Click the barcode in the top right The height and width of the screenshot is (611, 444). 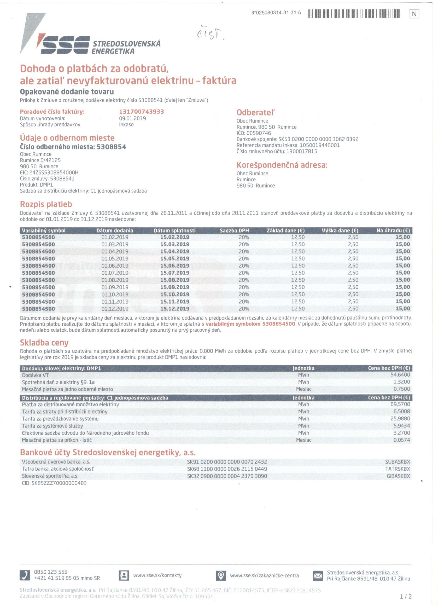click(354, 14)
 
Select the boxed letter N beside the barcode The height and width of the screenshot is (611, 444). click(414, 14)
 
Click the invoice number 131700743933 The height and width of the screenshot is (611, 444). click(141, 112)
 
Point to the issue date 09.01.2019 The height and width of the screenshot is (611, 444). click(132, 118)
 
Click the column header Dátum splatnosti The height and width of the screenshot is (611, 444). click(174, 230)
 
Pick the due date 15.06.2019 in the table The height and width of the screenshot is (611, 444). click(174, 266)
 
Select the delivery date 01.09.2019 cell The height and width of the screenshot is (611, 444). click(115, 287)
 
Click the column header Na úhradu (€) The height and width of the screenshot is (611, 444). click(393, 230)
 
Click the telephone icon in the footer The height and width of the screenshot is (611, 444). click(25, 575)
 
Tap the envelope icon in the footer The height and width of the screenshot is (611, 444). click(318, 576)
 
